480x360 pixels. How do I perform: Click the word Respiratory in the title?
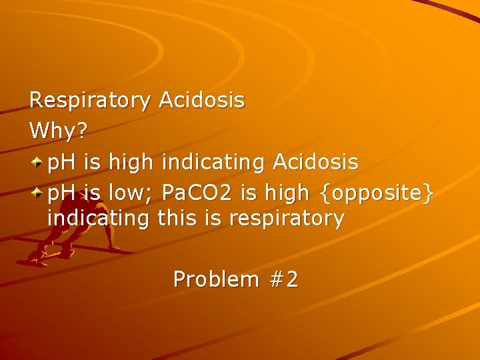91,101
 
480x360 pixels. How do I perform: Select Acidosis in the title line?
201,101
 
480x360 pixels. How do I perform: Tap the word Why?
59,131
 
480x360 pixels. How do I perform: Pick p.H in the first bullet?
63,162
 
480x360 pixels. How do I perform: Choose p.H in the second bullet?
63,193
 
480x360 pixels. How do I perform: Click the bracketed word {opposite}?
377,193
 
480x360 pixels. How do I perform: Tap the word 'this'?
179,219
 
